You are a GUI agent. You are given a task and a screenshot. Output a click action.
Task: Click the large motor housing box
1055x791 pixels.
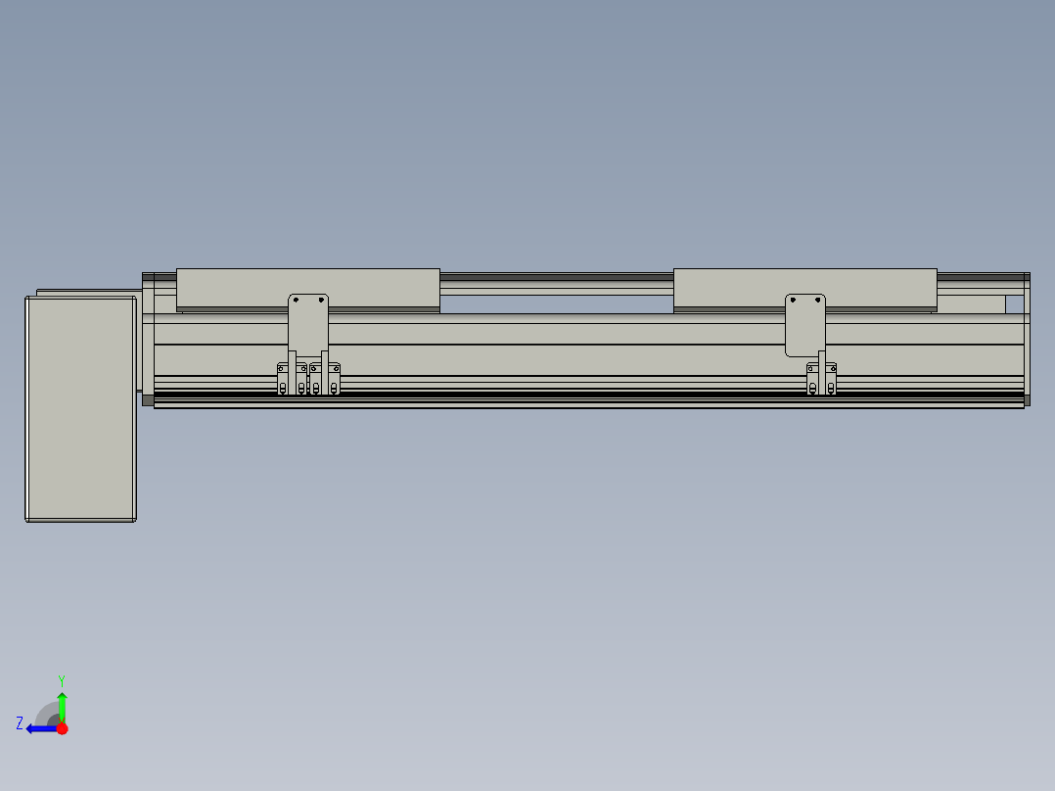point(80,408)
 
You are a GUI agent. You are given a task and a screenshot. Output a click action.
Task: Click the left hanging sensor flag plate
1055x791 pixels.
point(308,325)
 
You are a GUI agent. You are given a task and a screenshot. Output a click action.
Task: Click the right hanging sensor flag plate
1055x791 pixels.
point(805,325)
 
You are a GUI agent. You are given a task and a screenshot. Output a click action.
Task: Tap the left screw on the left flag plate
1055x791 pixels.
point(296,301)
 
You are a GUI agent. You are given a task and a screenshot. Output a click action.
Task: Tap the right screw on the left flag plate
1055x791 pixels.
point(321,301)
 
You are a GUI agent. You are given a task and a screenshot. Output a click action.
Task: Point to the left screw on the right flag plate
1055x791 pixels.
point(794,301)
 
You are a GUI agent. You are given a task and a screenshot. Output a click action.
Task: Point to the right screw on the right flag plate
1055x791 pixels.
point(818,301)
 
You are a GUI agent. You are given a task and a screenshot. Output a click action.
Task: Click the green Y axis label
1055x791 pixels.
point(62,680)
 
